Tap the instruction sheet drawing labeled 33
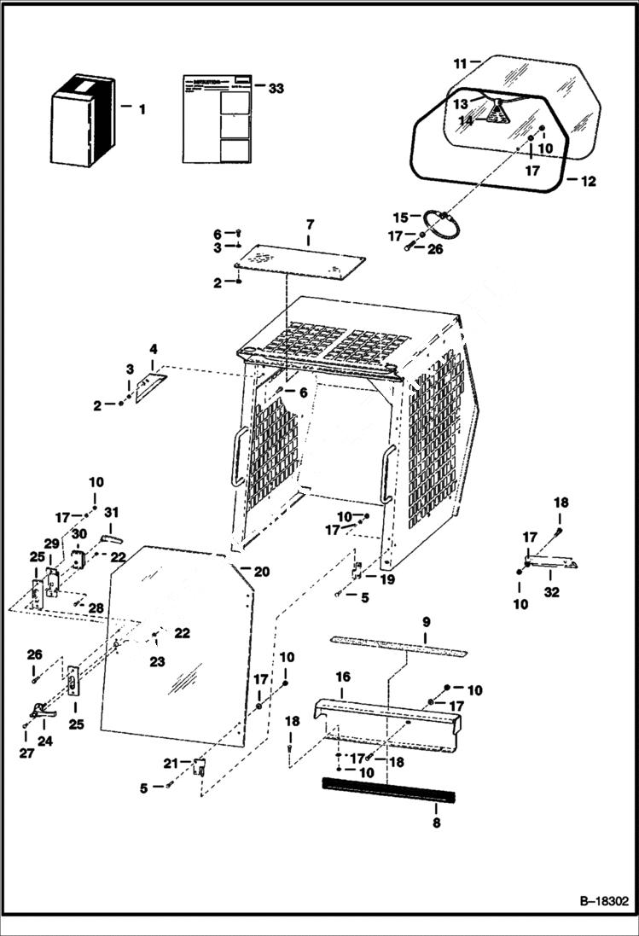[x=218, y=118]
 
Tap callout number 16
[x=342, y=676]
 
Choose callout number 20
[x=260, y=571]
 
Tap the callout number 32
[x=552, y=592]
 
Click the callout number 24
[x=44, y=741]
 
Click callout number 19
[x=387, y=579]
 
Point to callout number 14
[x=466, y=121]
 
